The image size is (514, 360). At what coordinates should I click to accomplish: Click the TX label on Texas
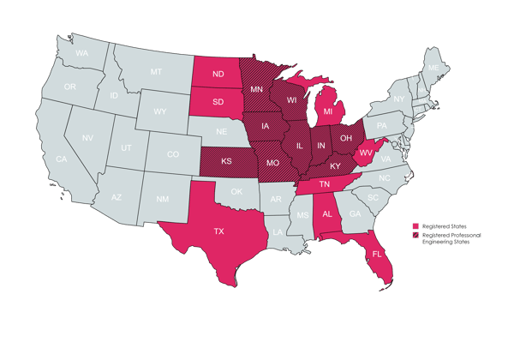click(x=218, y=231)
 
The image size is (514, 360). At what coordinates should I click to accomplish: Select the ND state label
click(x=218, y=74)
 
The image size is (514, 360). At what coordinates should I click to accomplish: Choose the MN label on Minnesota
click(x=256, y=88)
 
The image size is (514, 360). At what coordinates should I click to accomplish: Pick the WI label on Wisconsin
click(x=291, y=99)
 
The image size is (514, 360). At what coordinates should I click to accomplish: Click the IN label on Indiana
click(x=321, y=147)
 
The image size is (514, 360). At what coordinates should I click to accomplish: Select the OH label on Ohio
click(x=347, y=137)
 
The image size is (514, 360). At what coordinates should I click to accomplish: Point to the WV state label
click(x=365, y=153)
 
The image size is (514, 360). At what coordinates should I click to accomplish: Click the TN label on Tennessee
click(x=326, y=185)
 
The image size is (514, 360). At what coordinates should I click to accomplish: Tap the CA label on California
click(x=62, y=159)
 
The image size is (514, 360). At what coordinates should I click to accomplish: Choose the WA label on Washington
click(x=82, y=53)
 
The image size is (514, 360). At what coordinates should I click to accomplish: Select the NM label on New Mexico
click(x=163, y=199)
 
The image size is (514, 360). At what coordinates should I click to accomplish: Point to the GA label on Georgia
click(x=355, y=214)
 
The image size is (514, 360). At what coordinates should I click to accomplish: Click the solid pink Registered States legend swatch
click(x=415, y=226)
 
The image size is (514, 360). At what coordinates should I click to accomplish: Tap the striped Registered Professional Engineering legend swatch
click(x=415, y=235)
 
